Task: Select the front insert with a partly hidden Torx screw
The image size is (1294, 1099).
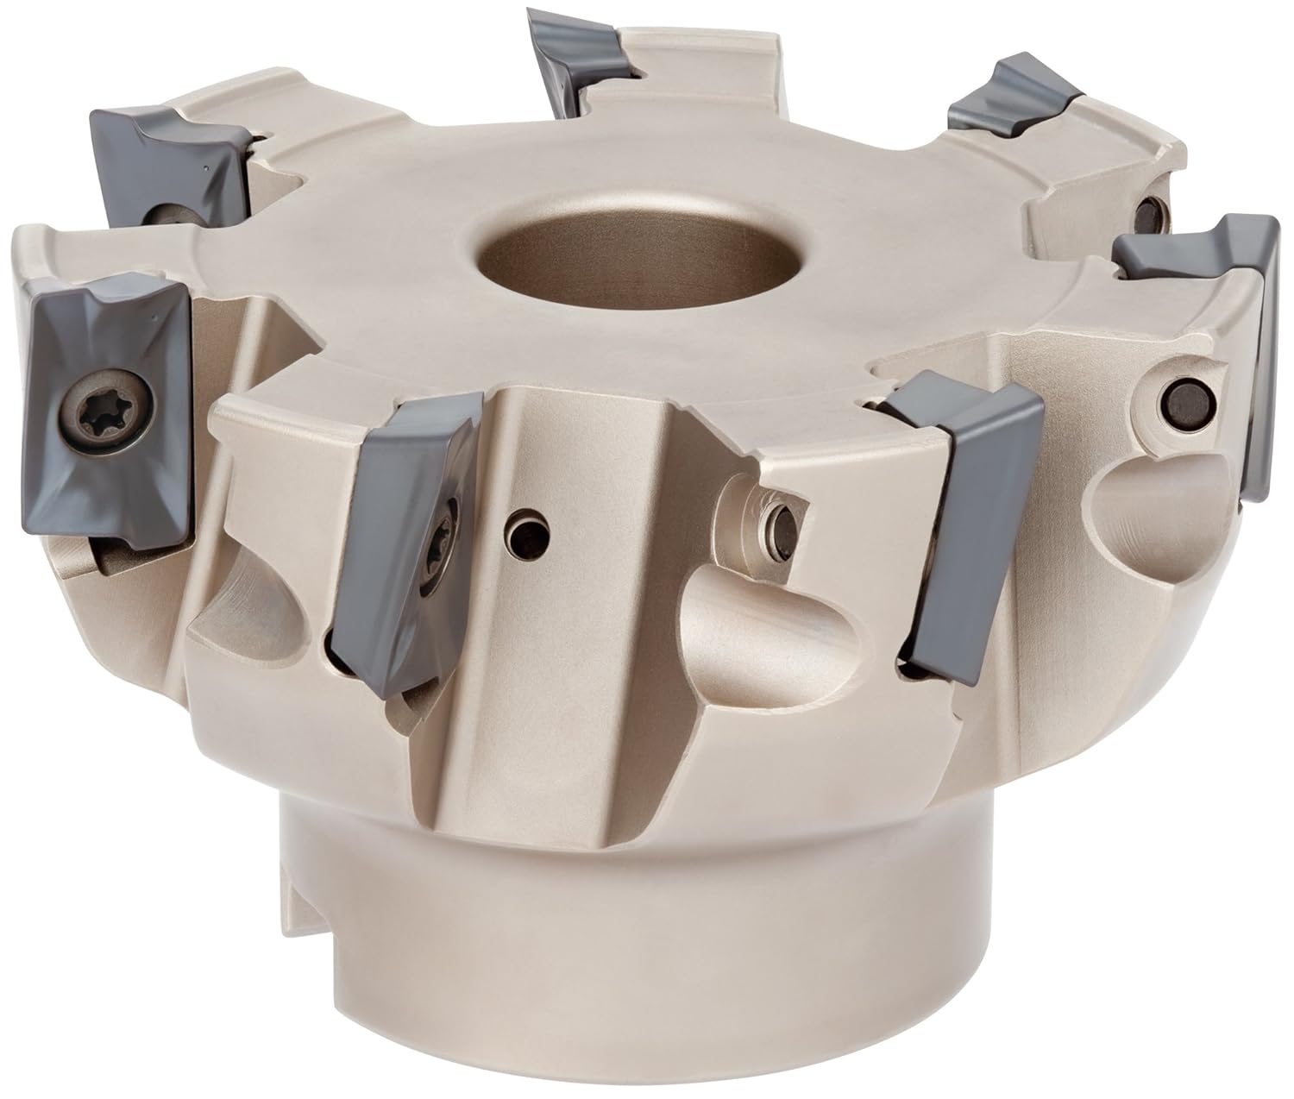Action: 405,509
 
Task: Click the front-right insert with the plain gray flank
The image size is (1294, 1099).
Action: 966,509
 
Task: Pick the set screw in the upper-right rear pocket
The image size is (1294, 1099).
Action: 1147,211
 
